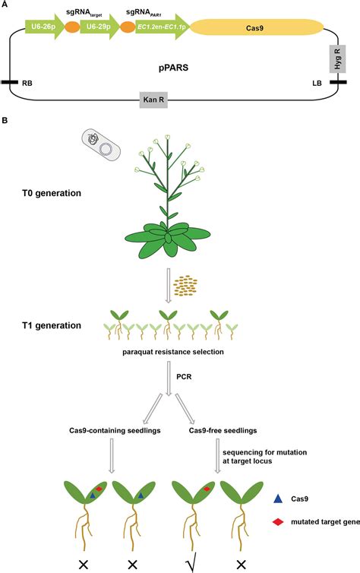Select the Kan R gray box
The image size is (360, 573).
click(156, 99)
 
